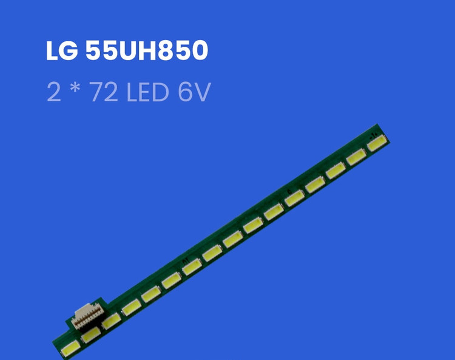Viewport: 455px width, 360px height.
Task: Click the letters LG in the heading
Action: click(x=62, y=50)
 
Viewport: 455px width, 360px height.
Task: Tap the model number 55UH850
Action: click(x=147, y=50)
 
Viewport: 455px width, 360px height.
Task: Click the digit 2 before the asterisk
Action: click(x=54, y=92)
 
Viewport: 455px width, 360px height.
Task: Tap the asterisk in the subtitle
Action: click(x=75, y=87)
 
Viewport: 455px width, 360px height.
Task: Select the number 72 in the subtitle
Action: click(x=104, y=92)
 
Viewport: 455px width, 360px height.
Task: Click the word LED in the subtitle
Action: click(x=147, y=92)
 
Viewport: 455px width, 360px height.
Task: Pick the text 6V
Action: click(x=194, y=92)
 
